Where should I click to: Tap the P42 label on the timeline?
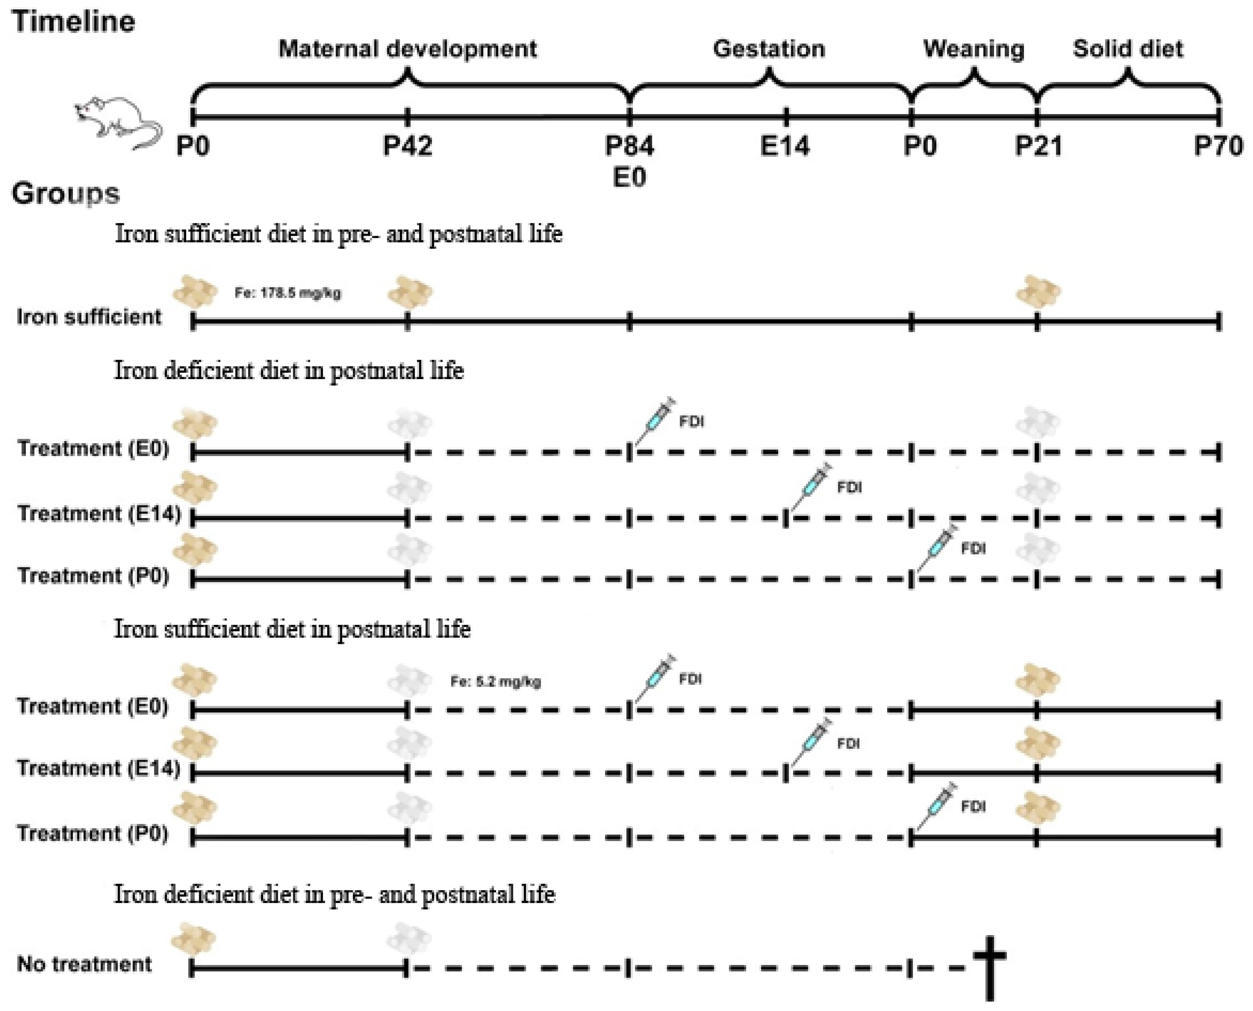coord(408,146)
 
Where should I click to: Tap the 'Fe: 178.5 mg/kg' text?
coord(288,293)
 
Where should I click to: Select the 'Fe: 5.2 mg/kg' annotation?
coord(496,681)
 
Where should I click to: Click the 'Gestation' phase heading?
coord(769,49)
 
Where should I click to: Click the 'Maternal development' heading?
coord(408,49)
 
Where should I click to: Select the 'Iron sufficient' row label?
coord(89,317)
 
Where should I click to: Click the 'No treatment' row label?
coord(85,964)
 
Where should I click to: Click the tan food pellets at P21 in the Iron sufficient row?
coord(1038,291)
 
